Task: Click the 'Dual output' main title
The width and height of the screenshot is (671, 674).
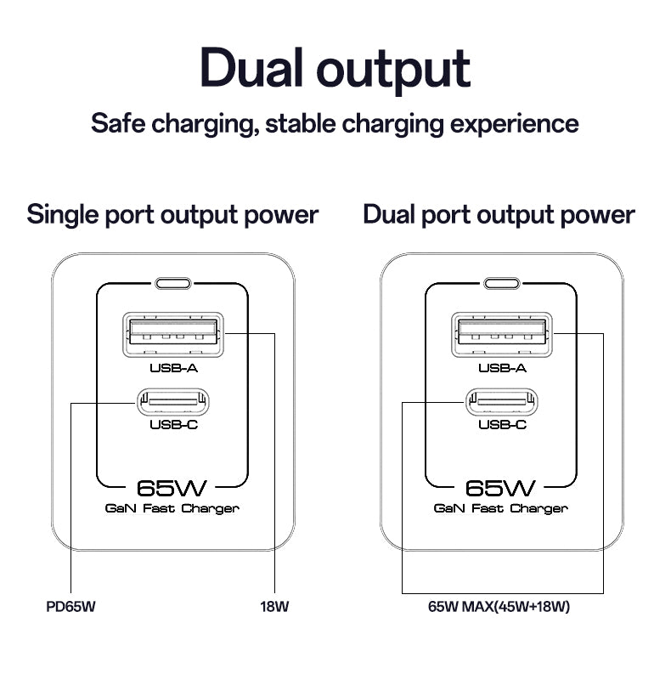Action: tap(335, 70)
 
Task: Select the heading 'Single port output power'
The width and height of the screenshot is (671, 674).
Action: tap(172, 214)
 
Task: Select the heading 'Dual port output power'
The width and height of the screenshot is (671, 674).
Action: tap(499, 214)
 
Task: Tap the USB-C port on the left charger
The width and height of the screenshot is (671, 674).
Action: tap(173, 400)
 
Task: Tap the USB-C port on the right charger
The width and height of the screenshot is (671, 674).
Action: tap(502, 400)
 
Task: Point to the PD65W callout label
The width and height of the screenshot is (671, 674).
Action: tap(70, 608)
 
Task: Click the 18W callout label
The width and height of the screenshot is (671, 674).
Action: tap(274, 608)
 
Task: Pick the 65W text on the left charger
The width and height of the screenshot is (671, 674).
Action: tap(172, 489)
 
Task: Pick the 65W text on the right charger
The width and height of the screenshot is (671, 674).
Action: tap(501, 489)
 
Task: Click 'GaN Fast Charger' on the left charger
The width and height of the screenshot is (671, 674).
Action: tap(172, 508)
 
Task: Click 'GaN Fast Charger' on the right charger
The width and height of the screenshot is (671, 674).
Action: tap(501, 508)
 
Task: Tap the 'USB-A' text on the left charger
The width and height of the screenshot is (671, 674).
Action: tap(173, 368)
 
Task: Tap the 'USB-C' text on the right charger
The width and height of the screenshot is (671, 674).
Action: tap(502, 424)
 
